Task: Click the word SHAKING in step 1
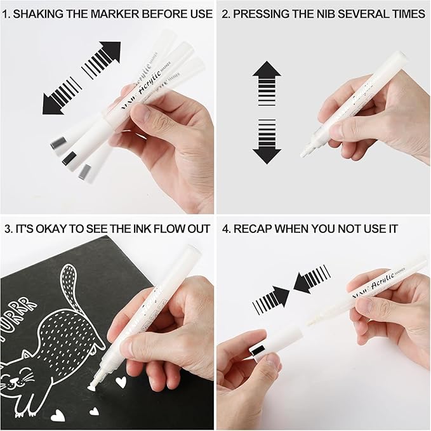42,13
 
